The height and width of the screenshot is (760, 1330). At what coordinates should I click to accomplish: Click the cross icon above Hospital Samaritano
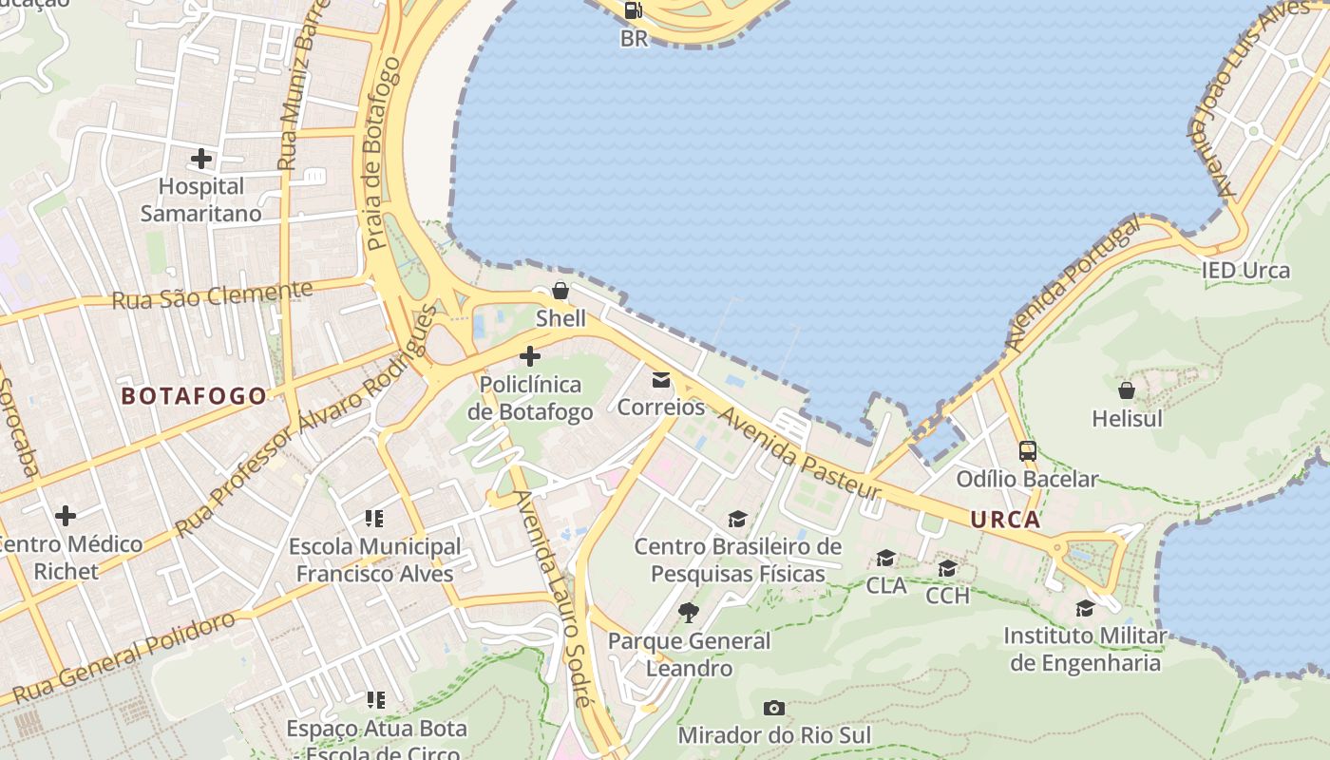(x=201, y=158)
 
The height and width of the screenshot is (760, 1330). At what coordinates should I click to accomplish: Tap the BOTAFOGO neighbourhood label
(x=194, y=396)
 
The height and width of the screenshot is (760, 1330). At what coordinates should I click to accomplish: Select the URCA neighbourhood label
(x=1005, y=520)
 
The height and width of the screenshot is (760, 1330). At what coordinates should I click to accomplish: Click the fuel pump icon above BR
(x=633, y=10)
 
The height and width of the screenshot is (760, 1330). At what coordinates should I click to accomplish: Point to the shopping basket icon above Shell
(x=560, y=291)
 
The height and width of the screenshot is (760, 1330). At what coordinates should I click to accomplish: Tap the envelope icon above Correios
(x=661, y=380)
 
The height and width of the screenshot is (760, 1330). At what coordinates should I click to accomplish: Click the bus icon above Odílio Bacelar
(x=1027, y=451)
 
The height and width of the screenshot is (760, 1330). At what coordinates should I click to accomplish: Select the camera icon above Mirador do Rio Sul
(x=774, y=708)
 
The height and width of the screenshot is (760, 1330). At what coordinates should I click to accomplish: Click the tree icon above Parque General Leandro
(x=689, y=613)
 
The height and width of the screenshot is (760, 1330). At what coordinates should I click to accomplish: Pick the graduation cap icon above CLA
(x=886, y=558)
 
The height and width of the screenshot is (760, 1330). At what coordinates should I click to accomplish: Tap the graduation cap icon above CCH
(x=947, y=568)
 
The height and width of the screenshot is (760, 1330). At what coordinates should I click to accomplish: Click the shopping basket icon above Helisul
(x=1127, y=390)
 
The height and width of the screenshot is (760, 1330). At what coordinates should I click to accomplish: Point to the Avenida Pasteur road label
(x=800, y=454)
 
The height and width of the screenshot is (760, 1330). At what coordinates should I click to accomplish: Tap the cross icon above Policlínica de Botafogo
(x=530, y=357)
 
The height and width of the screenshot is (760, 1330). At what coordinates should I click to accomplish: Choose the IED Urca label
(x=1245, y=271)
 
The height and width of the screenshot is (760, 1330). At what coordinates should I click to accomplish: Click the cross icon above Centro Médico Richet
(x=66, y=517)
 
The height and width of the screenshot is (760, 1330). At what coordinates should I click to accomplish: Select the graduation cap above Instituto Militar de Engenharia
(x=1085, y=608)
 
